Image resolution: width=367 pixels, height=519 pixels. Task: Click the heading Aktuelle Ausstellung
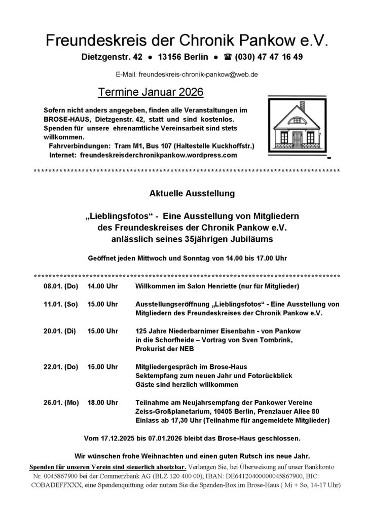click(185, 193)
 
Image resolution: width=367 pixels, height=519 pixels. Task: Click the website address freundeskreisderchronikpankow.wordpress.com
click(158, 156)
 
